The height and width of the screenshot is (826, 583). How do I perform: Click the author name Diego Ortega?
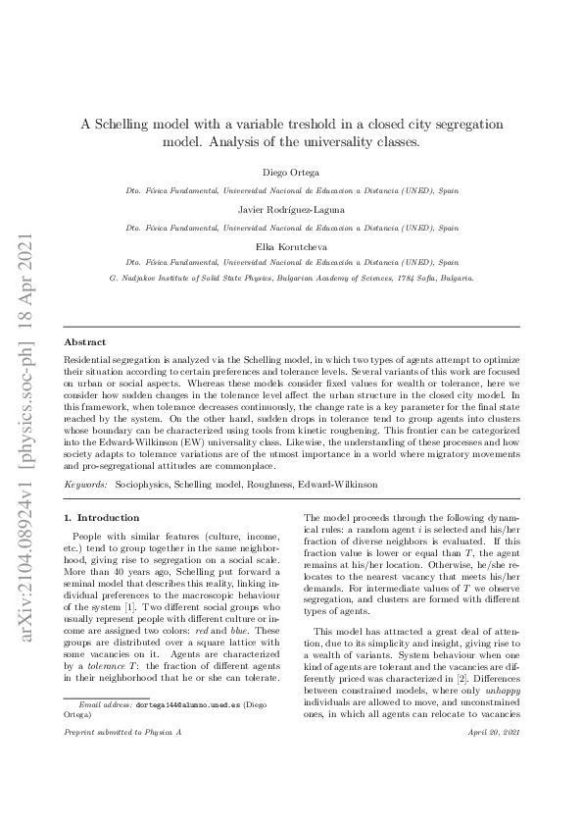tap(291, 173)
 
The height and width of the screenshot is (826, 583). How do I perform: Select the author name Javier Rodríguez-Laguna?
tap(291, 210)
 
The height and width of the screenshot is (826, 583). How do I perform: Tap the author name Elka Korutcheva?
tap(291, 247)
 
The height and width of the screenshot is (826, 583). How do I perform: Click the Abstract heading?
tap(85, 342)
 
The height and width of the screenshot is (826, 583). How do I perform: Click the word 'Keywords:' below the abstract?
tap(85, 486)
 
